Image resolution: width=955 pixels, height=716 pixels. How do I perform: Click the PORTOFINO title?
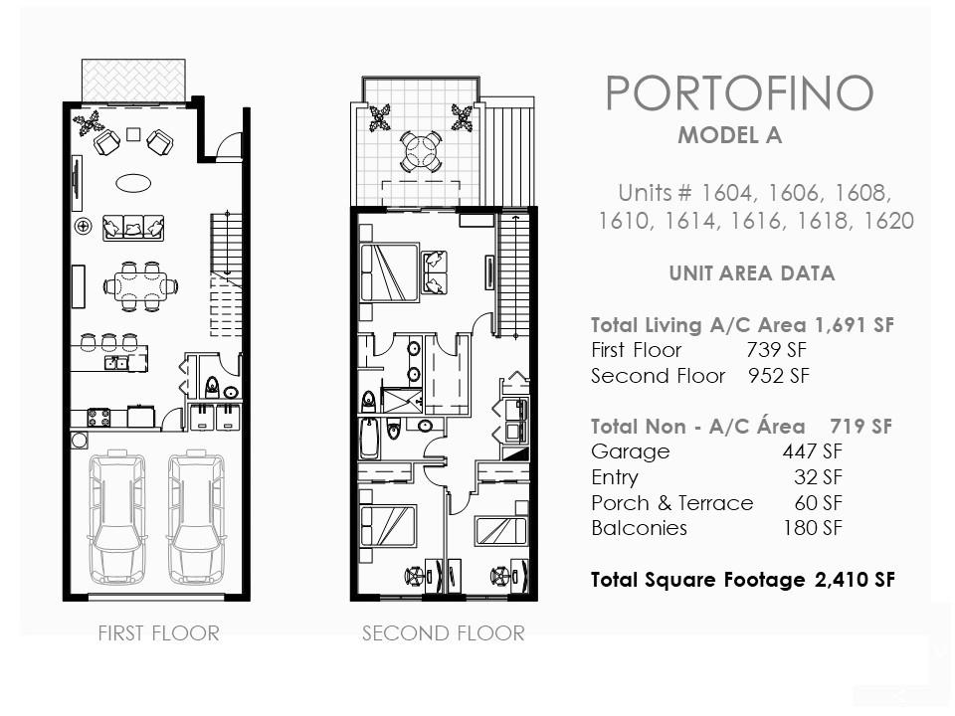click(739, 93)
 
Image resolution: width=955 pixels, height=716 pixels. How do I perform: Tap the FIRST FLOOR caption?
click(158, 633)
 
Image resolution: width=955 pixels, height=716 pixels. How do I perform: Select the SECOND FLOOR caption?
click(444, 633)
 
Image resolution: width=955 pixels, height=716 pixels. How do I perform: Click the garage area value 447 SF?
click(813, 451)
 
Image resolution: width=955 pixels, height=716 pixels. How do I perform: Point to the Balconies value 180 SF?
click(813, 528)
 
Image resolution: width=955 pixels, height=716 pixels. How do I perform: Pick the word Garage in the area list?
click(631, 452)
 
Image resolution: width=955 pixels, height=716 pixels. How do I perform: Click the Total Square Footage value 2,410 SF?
click(855, 580)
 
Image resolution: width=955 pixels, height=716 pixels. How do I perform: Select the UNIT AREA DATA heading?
click(752, 273)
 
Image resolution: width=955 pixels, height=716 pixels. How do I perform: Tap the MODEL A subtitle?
click(729, 135)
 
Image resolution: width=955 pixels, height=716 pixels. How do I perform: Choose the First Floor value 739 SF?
click(777, 350)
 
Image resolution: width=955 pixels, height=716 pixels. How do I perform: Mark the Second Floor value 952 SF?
click(779, 376)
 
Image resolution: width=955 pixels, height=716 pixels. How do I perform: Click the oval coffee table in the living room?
click(134, 183)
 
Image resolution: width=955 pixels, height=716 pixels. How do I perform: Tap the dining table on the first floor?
click(140, 285)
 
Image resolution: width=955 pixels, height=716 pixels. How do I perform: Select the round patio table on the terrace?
click(420, 150)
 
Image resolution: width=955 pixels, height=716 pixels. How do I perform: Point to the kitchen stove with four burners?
click(99, 417)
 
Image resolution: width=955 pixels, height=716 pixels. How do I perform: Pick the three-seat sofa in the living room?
click(133, 227)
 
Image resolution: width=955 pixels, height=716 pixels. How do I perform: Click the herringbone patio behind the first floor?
click(133, 81)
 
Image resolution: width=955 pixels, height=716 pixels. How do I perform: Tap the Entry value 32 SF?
click(818, 477)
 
